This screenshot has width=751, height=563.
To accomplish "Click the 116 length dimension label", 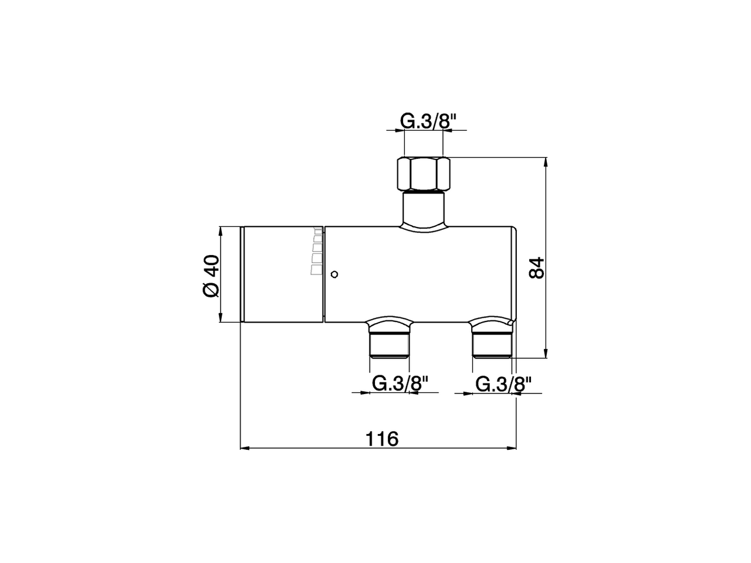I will pyautogui.click(x=382, y=439).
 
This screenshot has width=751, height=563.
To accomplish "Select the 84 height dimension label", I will pyautogui.click(x=536, y=268).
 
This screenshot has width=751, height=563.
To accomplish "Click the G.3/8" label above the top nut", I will pyautogui.click(x=428, y=121).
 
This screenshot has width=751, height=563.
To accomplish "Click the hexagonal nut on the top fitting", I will pyautogui.click(x=422, y=174).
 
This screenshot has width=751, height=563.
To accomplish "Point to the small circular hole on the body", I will pyautogui.click(x=334, y=274).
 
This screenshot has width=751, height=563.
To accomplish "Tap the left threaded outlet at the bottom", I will pyautogui.click(x=388, y=344).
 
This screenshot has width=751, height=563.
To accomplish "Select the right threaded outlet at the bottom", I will pyautogui.click(x=492, y=344).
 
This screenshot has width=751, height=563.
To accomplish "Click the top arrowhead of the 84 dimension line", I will pyautogui.click(x=546, y=162).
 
